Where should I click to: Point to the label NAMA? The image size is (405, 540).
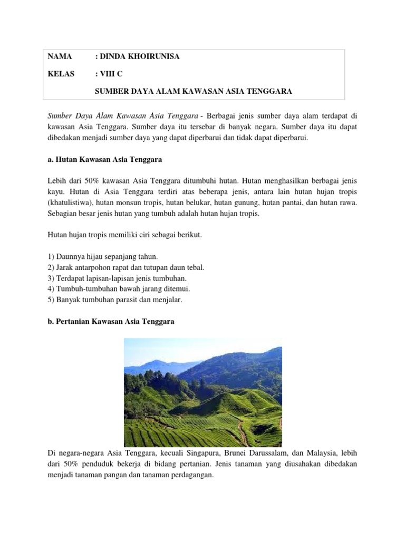click(59, 56)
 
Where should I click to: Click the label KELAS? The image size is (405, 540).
click(61, 74)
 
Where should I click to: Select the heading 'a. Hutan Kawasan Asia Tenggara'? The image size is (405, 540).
click(104, 159)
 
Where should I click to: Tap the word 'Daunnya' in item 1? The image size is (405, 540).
click(69, 257)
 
